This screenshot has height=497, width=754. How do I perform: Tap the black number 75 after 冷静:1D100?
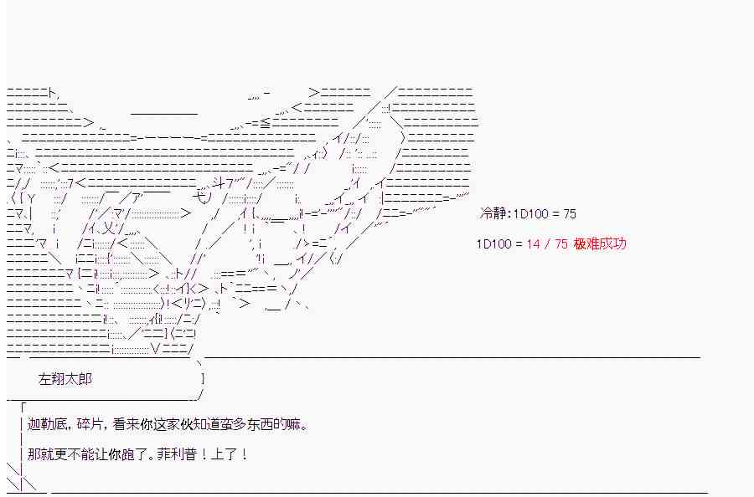[x=570, y=213]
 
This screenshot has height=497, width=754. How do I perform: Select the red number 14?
[x=534, y=244]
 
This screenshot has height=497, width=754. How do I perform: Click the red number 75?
[x=561, y=244]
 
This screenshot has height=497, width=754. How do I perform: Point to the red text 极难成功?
[x=600, y=244]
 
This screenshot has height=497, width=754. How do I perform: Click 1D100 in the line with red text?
[x=493, y=244]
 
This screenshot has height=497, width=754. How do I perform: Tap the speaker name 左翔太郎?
[x=65, y=379]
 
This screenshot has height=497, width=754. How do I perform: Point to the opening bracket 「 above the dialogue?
[x=22, y=408]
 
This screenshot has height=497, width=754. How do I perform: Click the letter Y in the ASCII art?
[x=31, y=198]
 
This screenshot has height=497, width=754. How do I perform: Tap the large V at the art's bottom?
[x=155, y=349]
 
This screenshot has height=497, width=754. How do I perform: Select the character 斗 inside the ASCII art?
[x=218, y=183]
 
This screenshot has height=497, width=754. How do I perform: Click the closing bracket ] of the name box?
[x=204, y=379]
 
